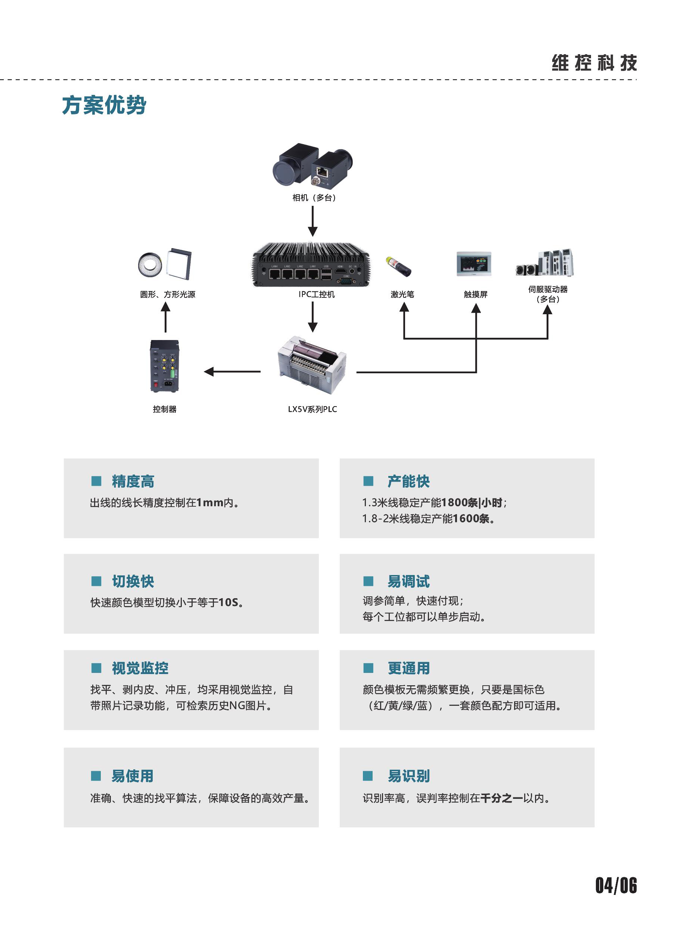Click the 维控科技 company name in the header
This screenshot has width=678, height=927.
coord(594,63)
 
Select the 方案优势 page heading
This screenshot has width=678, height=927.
coord(104,105)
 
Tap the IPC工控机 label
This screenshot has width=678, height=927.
coord(317,294)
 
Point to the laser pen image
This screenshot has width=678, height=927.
coord(398,266)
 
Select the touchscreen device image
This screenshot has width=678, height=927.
coord(474,263)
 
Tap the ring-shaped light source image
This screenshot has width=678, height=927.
coord(150,265)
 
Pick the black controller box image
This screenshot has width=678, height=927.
coord(165,366)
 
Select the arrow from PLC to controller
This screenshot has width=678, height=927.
coord(232,372)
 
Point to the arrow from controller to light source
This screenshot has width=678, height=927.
coord(165,317)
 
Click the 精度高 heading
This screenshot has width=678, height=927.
coord(133,481)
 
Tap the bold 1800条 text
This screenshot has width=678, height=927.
coord(460,502)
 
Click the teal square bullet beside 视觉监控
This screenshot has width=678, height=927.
coord(96,668)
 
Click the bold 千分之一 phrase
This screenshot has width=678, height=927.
coord(501,798)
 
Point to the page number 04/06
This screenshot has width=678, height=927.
coord(616,886)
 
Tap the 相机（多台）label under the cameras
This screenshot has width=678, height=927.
coord(314,198)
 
